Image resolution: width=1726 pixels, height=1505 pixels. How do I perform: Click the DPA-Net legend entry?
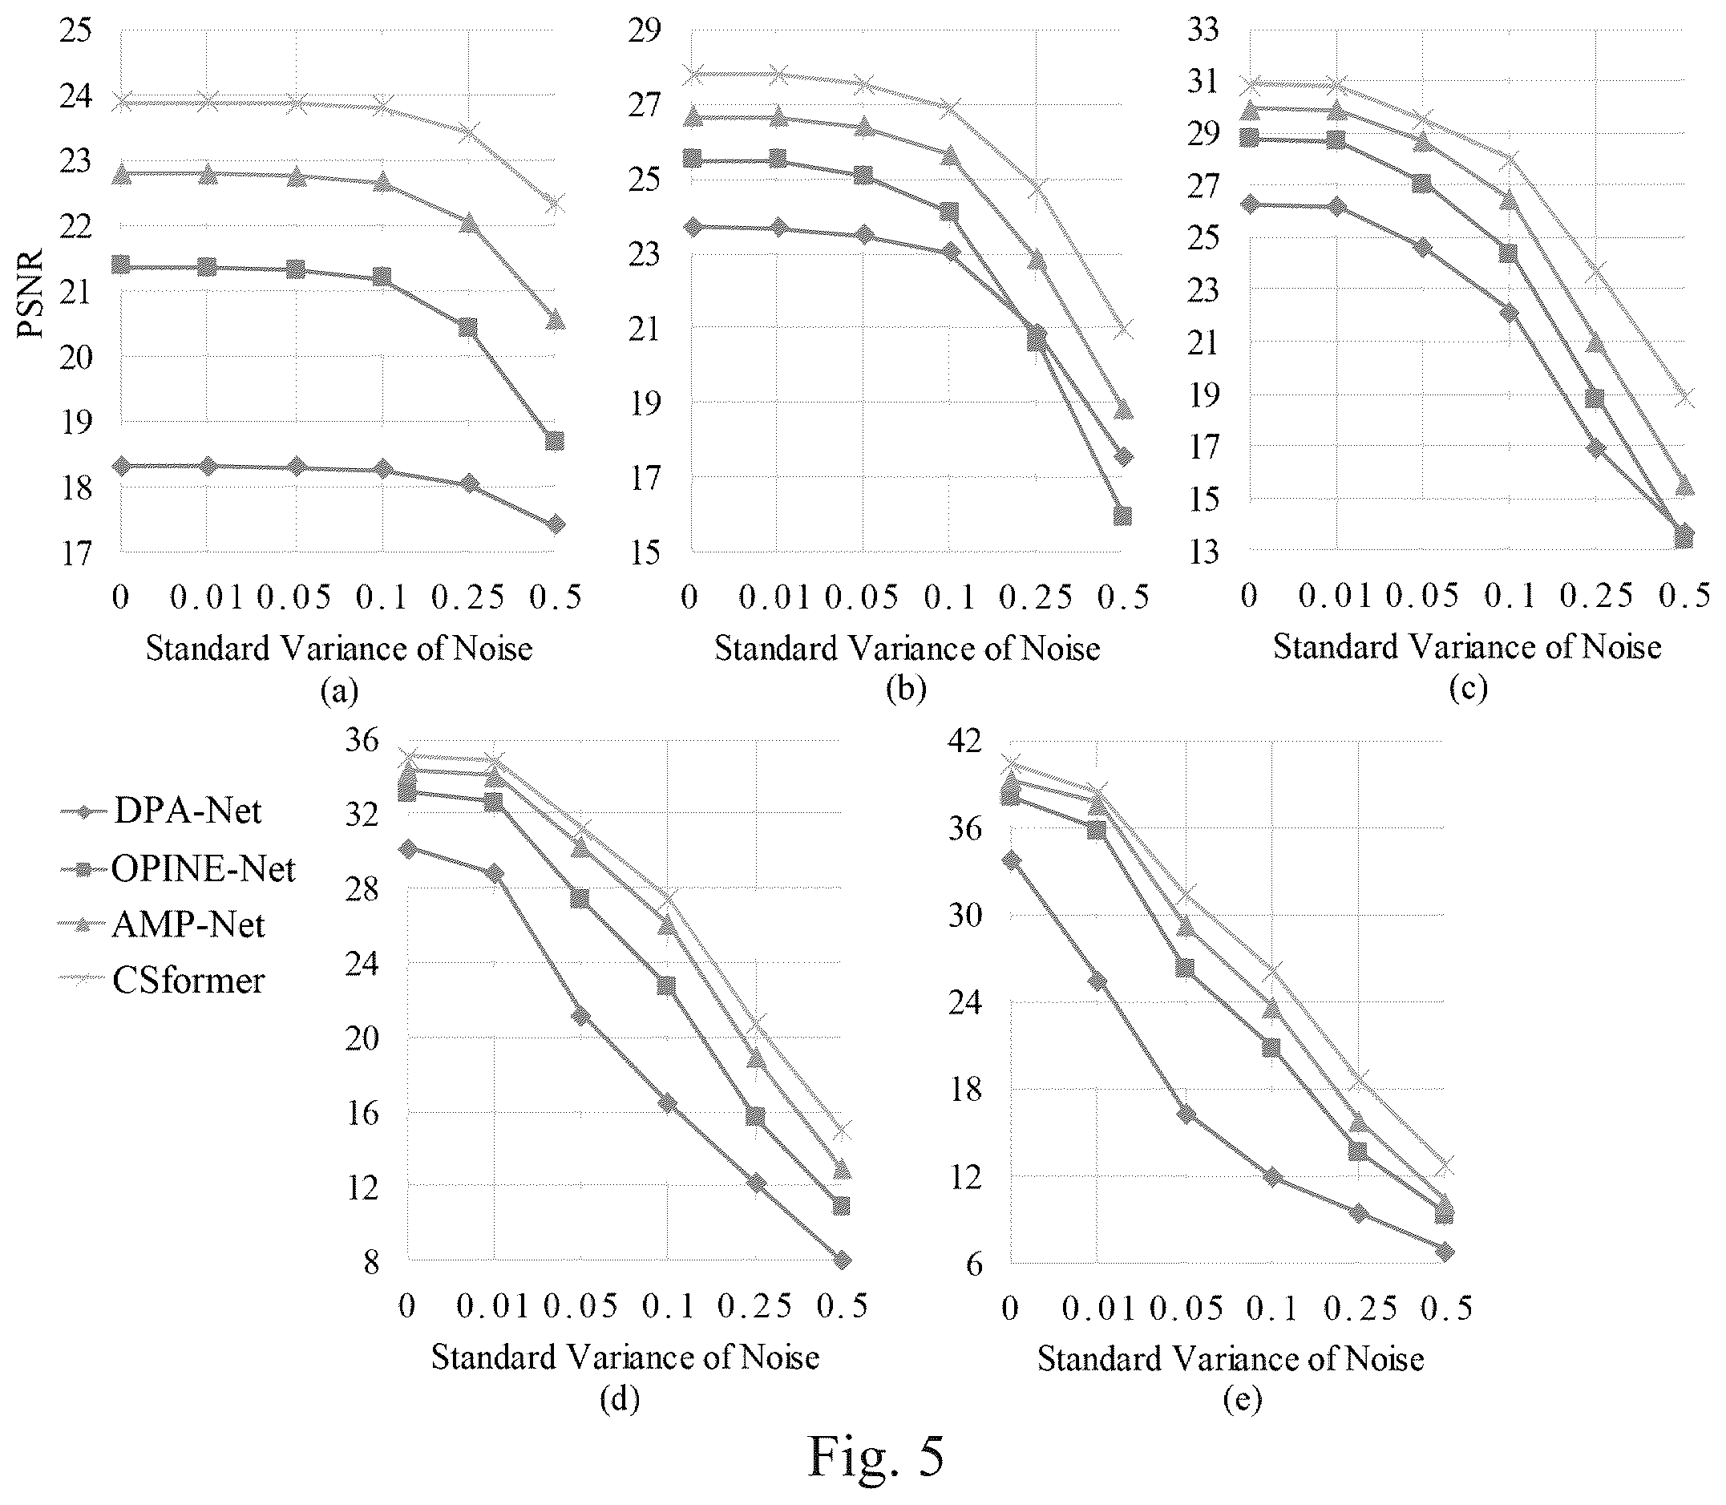(161, 811)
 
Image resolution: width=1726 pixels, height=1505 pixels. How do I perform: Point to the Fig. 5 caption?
(875, 1456)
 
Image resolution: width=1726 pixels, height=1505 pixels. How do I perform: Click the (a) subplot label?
(339, 691)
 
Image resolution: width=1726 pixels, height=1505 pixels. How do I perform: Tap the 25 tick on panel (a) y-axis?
(75, 30)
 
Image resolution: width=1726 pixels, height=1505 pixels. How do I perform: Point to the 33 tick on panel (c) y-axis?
(1203, 30)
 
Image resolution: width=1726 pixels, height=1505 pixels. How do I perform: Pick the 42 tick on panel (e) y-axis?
(964, 742)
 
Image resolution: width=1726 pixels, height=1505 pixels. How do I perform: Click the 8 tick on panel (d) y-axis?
(371, 1262)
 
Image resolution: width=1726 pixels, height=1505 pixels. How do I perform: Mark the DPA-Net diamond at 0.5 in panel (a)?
(555, 525)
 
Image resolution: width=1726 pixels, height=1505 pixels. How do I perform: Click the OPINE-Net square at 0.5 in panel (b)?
(1122, 516)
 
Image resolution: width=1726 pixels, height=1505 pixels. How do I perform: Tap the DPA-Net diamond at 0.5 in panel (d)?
(842, 1259)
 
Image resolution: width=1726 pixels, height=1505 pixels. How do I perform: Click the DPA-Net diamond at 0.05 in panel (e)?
(1186, 1115)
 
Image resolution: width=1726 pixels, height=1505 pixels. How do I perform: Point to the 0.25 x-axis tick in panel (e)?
(1360, 1309)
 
